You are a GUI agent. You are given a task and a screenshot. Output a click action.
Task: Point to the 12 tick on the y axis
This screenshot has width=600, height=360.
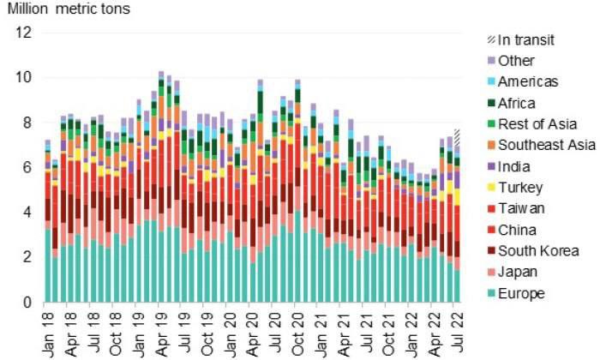pyautogui.click(x=23, y=33)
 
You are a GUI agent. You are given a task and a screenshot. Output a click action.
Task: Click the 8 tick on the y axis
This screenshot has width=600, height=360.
pyautogui.click(x=27, y=123)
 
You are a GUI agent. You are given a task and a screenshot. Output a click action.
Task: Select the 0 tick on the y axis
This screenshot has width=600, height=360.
pyautogui.click(x=27, y=302)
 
